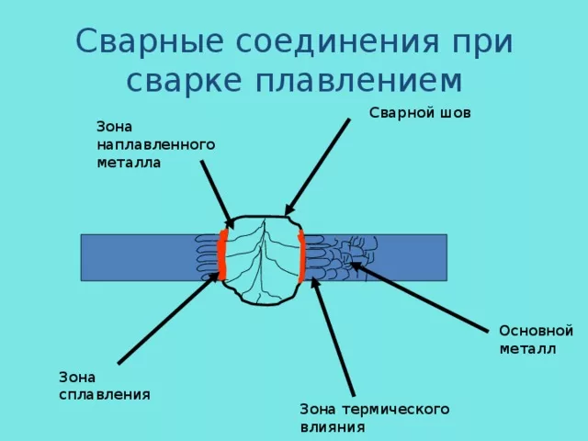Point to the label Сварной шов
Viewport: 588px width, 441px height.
point(421,113)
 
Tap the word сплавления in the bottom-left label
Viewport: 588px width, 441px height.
point(105,393)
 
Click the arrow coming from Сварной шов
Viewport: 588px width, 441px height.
point(318,165)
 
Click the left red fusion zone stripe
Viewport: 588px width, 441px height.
point(222,254)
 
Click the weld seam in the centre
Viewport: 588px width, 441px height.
point(262,257)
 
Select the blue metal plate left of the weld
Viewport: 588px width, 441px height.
point(138,257)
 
